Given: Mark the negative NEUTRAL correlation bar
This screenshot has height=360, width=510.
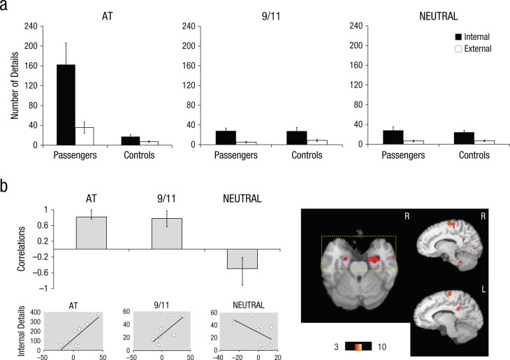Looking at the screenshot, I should tap(242, 259).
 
